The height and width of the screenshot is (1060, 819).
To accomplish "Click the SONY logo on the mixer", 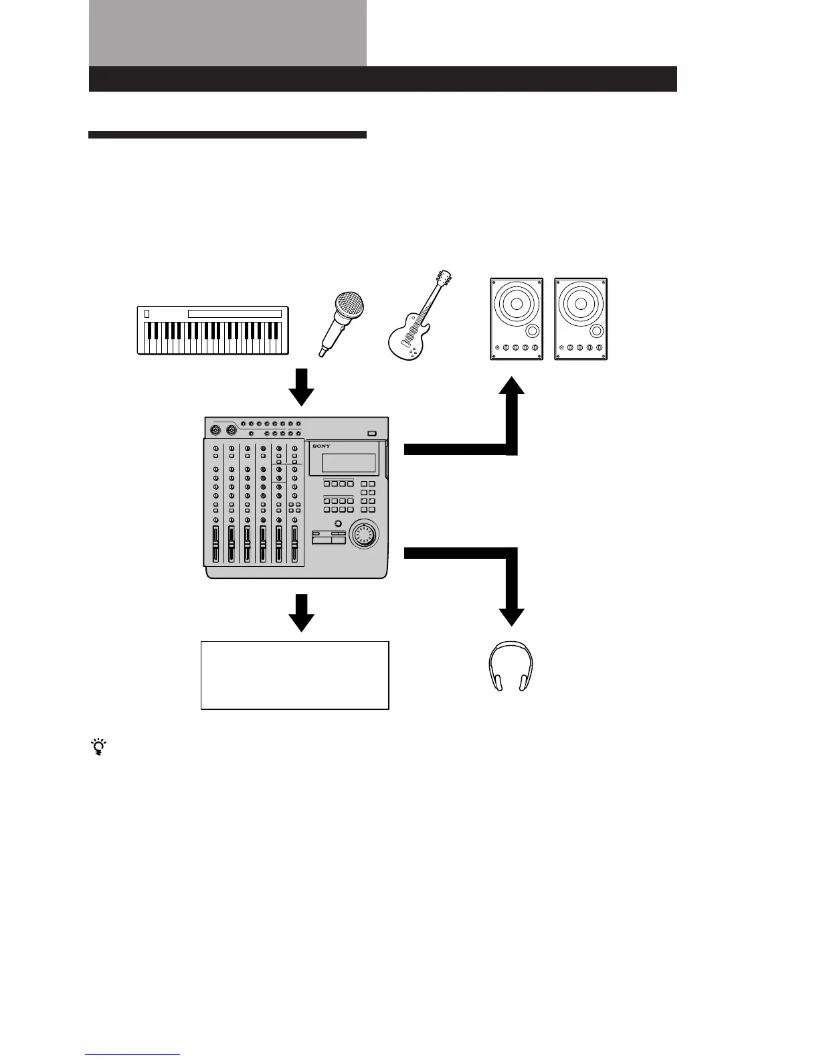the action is (321, 446).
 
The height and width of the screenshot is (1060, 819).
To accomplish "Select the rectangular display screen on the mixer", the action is (349, 463).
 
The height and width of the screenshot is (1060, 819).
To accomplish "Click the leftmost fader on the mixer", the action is (215, 543).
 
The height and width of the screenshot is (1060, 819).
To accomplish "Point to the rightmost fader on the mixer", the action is (294, 543).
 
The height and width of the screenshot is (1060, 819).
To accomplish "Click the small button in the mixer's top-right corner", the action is (372, 433).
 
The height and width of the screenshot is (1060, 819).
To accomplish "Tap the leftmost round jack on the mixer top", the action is (216, 430).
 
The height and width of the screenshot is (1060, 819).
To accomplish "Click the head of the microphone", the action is (351, 307).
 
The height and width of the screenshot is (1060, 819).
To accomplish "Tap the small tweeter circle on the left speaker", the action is (533, 331).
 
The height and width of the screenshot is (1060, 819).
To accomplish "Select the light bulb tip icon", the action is (100, 747).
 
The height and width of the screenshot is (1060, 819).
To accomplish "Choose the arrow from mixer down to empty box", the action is (301, 612).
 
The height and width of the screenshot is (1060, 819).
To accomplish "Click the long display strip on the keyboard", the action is (234, 314).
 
